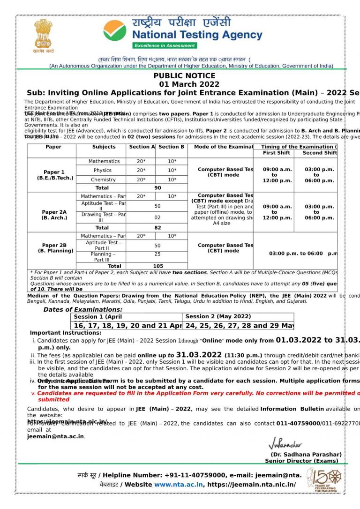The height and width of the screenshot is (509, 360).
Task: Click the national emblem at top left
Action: (x=43, y=34)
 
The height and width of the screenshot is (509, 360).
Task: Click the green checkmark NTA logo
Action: (x=115, y=30)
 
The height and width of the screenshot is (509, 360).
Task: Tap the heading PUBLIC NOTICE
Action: (x=184, y=76)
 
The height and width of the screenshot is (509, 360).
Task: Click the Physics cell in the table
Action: (x=102, y=171)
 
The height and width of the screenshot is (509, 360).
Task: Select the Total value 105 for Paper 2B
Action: (x=158, y=266)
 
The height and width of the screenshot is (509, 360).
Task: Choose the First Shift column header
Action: (x=276, y=153)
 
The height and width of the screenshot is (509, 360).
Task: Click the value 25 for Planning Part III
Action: (x=157, y=254)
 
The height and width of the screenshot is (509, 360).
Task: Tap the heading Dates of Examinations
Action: (x=83, y=310)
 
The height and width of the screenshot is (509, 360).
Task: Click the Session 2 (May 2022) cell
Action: (x=218, y=317)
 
